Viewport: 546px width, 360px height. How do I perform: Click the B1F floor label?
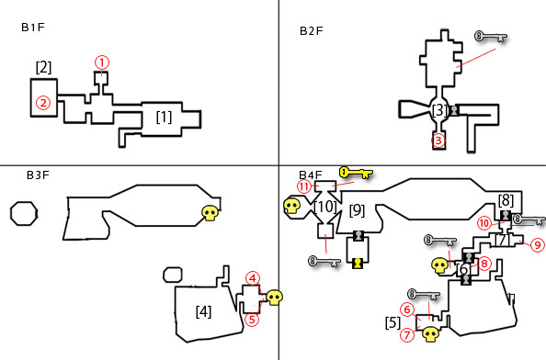33,28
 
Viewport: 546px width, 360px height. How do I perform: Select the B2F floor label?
312,31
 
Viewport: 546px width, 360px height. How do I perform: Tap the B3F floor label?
38,175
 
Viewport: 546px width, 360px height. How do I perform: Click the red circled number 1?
102,62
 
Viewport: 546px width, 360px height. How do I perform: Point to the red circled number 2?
43,103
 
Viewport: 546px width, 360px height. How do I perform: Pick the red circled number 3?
438,141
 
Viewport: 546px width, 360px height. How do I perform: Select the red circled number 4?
253,278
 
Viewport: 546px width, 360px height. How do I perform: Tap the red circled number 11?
304,186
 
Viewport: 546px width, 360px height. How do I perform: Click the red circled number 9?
538,245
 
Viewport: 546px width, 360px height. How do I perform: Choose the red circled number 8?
484,264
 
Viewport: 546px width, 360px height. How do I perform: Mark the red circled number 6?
407,309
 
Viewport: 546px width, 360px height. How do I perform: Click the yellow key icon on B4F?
356,172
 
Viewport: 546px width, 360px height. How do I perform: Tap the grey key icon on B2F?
491,37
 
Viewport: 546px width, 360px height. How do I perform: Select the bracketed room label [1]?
164,118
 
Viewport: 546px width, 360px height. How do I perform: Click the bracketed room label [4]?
203,311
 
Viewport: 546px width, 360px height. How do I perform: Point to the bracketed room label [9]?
357,210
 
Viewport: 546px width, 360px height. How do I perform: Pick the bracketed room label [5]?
392,323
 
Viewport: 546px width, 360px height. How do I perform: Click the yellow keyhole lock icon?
358,263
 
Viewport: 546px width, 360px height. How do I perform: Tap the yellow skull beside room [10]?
291,206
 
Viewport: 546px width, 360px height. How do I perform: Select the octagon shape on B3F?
24,214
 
